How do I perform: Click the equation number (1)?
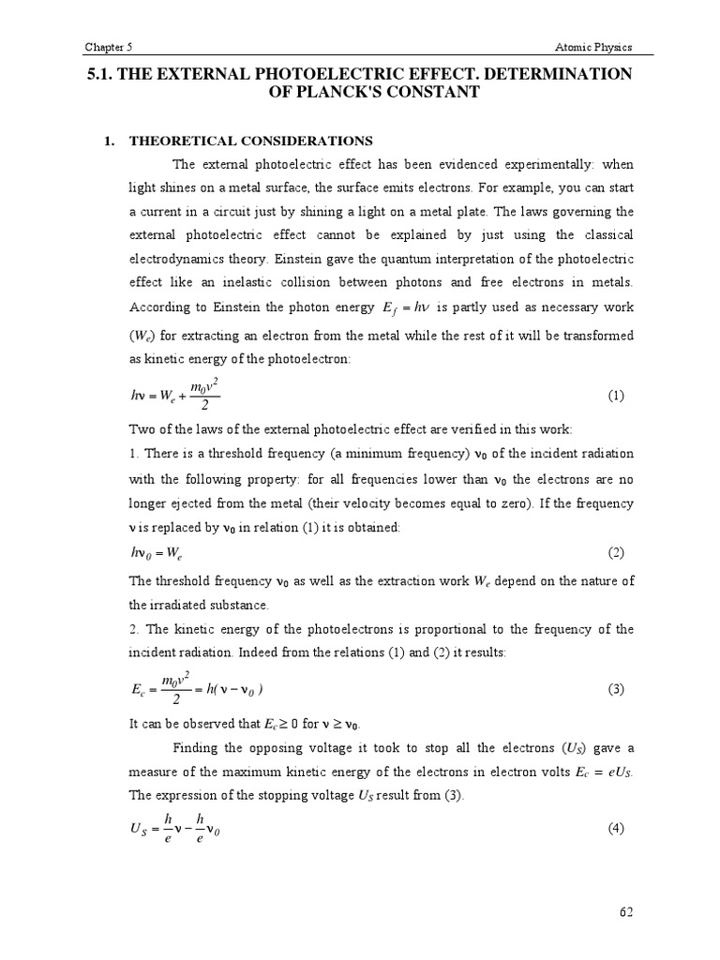pos(616,396)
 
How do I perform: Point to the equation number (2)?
pos(616,552)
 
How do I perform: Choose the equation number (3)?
pos(616,689)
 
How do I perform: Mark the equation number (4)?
pos(616,829)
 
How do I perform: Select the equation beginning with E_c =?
pos(197,690)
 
